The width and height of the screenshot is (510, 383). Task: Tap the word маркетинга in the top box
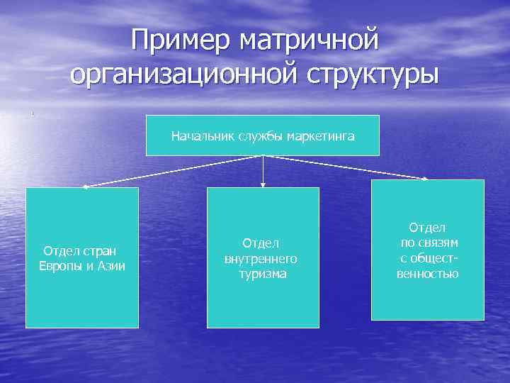(322, 135)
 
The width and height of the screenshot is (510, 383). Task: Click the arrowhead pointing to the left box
(85, 187)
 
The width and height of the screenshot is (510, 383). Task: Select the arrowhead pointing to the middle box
(263, 184)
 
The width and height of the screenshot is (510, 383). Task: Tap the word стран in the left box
(98, 250)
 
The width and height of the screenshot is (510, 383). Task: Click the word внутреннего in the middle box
(261, 259)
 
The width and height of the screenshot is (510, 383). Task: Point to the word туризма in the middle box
(262, 274)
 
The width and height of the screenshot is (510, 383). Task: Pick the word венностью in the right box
(427, 273)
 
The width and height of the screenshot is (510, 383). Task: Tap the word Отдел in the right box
(427, 227)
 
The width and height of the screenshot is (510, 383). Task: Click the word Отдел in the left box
(61, 250)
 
